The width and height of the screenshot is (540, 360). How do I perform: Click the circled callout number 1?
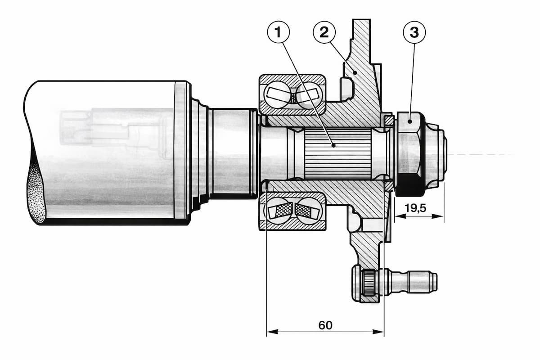[279, 32]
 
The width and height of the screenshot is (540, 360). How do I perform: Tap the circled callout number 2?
[324, 32]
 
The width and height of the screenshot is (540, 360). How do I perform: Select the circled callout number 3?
[414, 32]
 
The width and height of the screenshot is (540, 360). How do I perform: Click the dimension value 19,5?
[415, 208]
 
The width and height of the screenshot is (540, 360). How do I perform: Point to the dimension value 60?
[325, 325]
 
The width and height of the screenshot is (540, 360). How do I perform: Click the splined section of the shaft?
[338, 154]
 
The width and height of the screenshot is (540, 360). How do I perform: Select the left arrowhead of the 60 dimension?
[272, 332]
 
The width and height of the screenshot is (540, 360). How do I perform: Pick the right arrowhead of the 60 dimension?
[378, 332]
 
